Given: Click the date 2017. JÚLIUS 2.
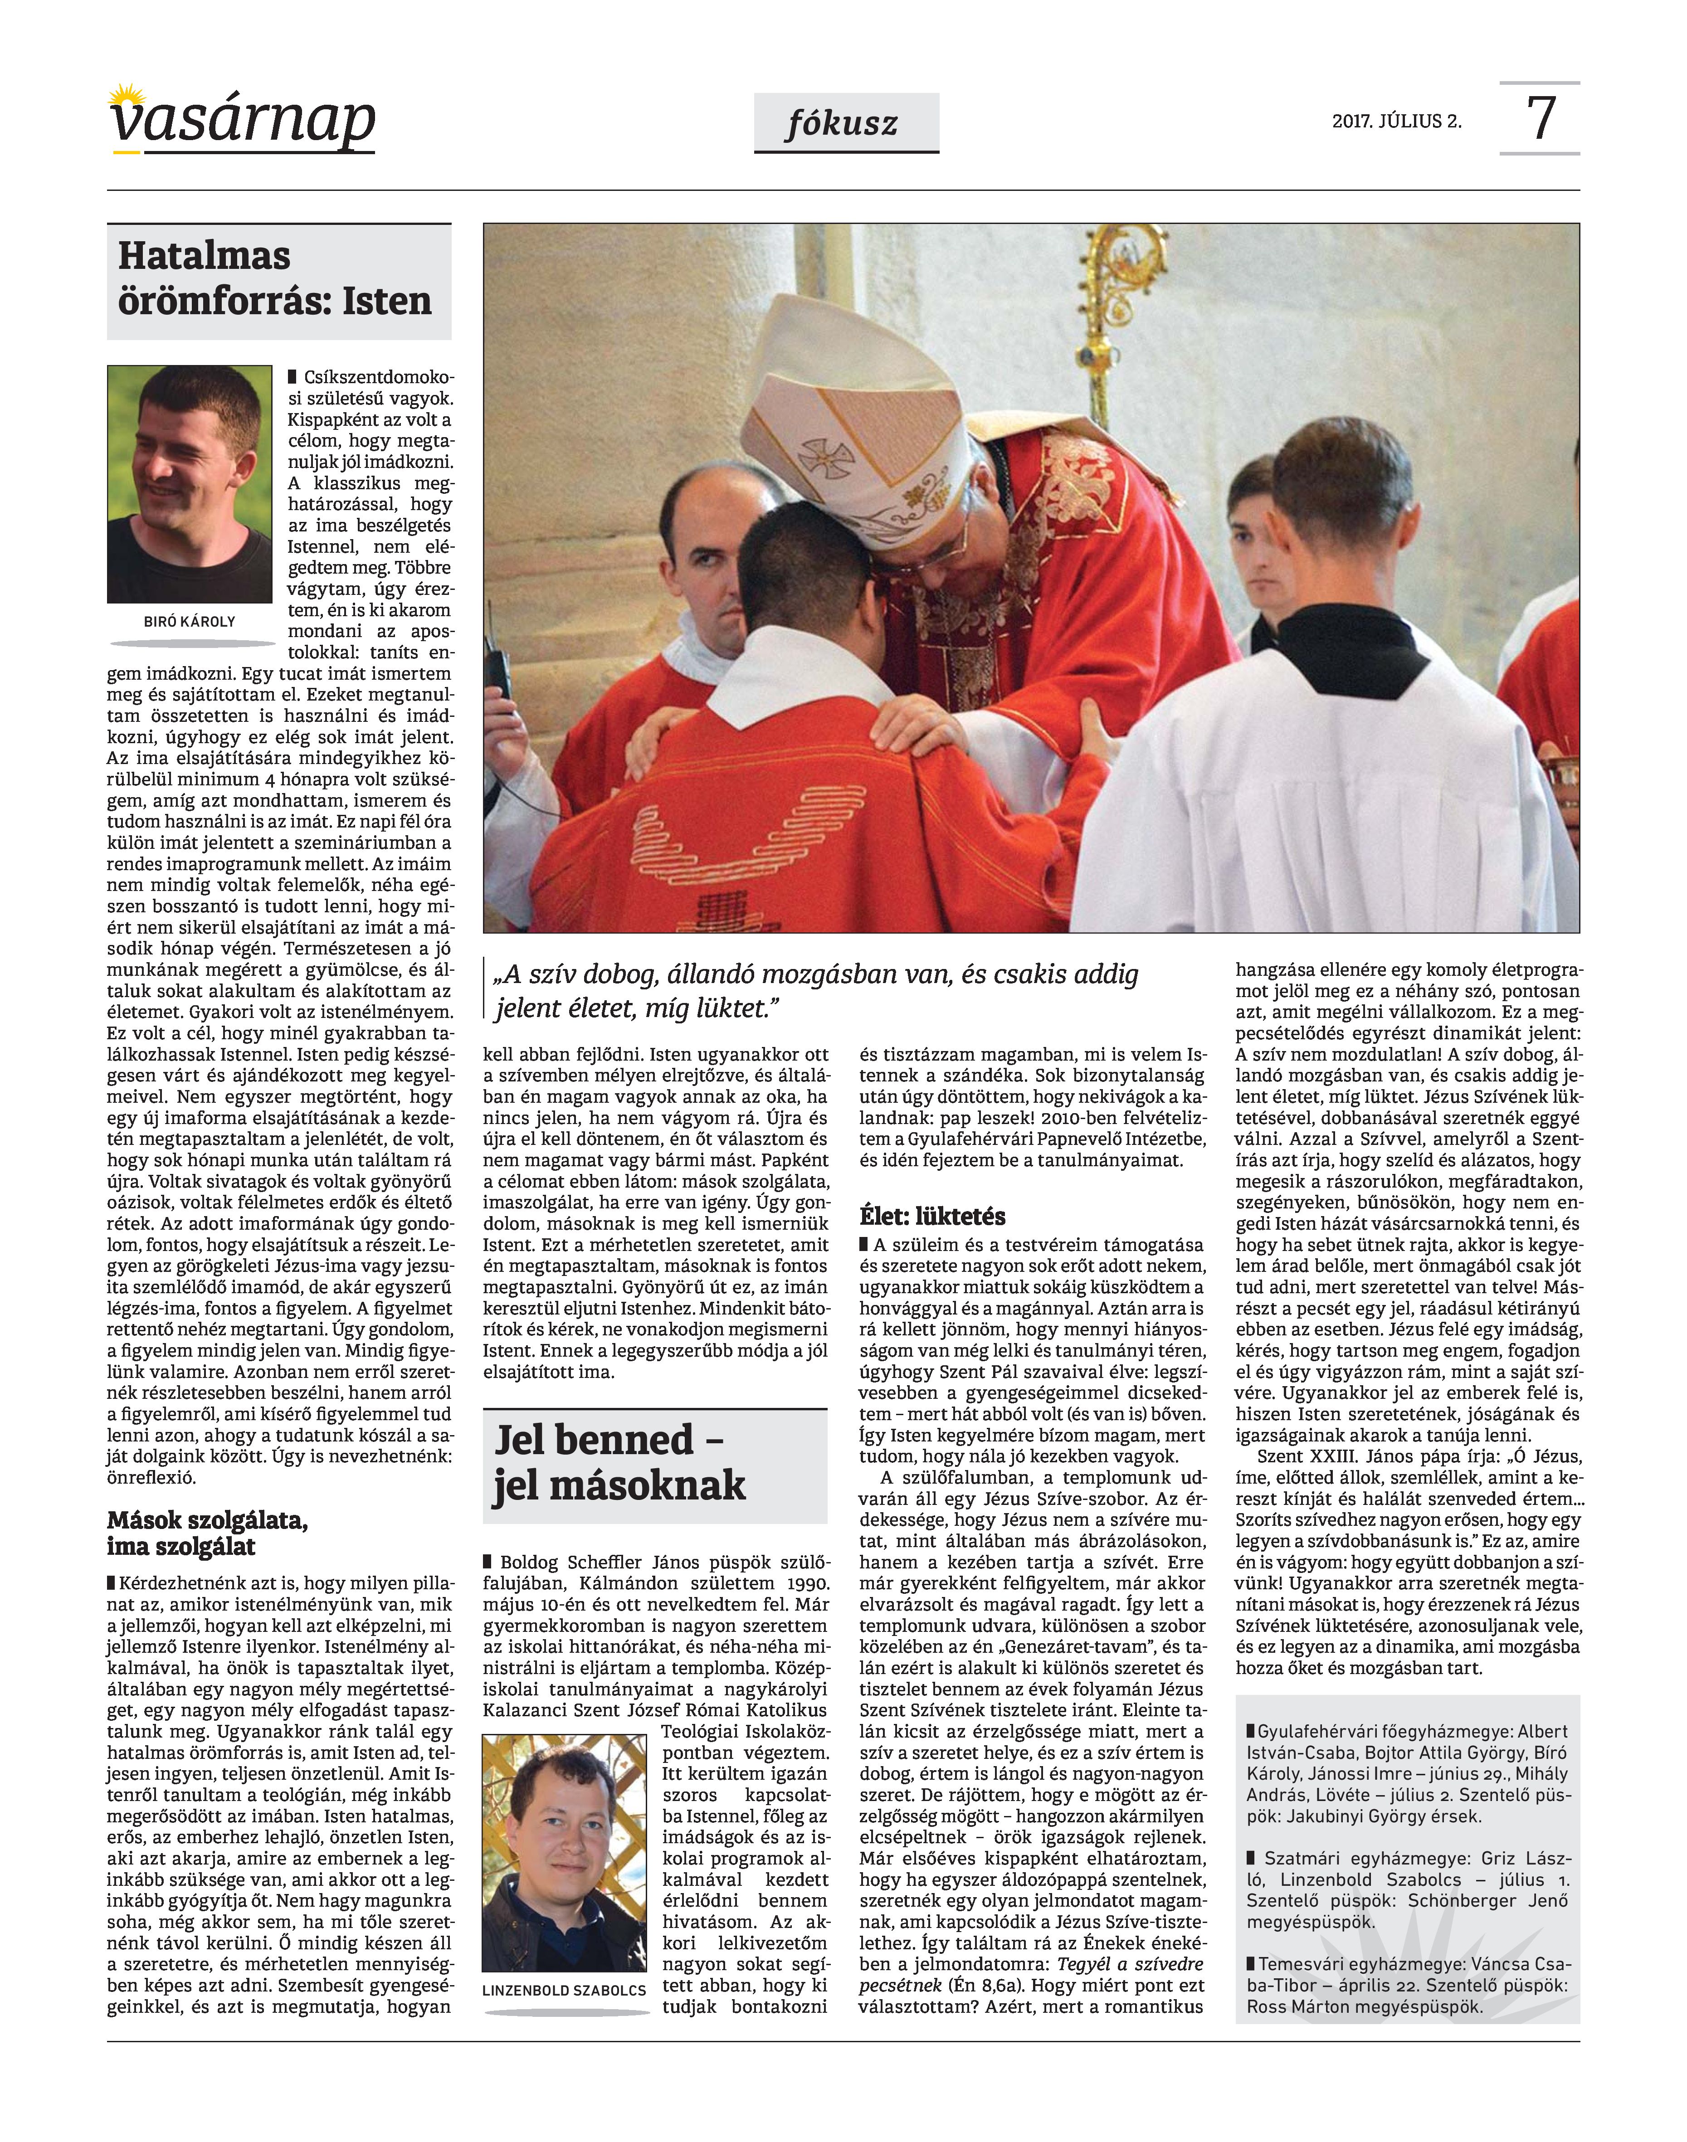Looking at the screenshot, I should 1395,122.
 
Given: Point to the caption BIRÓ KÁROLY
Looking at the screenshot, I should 190,621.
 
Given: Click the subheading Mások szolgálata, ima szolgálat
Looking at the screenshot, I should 207,1533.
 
